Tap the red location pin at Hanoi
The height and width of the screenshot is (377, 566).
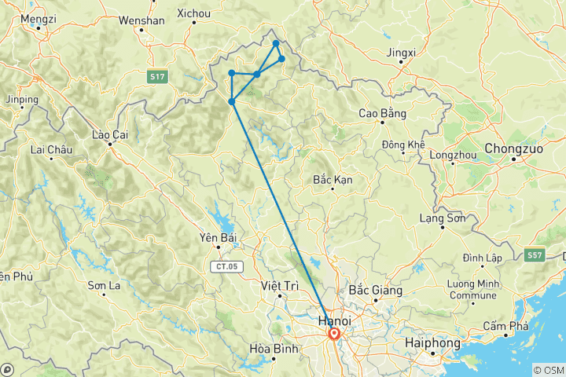[334, 335]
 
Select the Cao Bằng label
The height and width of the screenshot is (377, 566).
[382, 114]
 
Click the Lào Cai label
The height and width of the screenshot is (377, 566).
[109, 134]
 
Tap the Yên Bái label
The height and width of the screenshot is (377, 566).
[219, 237]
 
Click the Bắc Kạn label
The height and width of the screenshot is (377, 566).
[333, 180]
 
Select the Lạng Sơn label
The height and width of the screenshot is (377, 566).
[443, 218]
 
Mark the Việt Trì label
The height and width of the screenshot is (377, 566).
[281, 286]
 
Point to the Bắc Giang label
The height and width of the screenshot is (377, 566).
[375, 290]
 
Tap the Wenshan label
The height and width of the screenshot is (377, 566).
[141, 20]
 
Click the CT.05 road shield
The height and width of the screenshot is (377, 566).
[225, 267]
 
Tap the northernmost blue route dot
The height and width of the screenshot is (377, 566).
[276, 43]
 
